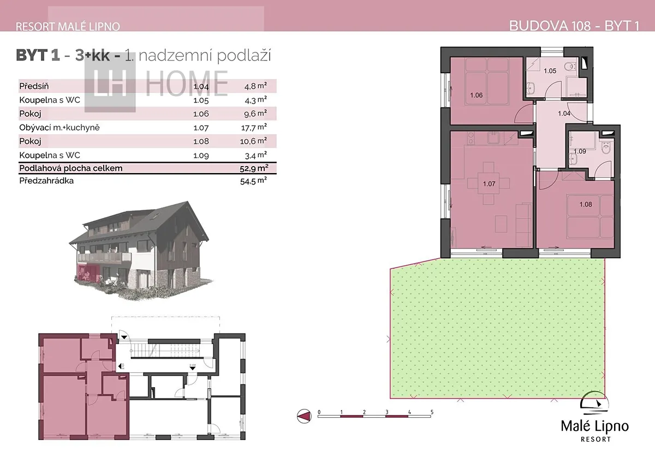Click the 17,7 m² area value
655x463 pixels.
253,127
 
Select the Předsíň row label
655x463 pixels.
34,86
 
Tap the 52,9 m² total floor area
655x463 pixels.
254,168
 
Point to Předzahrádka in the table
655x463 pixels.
46,181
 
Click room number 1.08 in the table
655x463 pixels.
201,141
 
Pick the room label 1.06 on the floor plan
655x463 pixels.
477,95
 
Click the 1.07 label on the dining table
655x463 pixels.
489,184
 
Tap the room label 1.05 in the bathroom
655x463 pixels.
550,71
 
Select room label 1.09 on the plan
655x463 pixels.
580,151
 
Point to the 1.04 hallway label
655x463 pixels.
564,114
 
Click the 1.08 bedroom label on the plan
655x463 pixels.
586,204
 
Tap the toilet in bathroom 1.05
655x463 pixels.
570,67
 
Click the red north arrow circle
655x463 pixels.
304,416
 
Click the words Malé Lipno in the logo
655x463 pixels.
595,426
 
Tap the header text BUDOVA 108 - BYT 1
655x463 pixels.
574,26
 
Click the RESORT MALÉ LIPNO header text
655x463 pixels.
68,27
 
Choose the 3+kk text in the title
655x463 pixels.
92,55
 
